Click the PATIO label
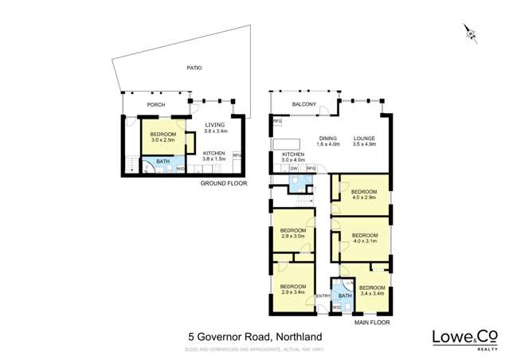click(194, 68)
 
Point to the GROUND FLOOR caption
click(222, 183)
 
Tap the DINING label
click(328, 138)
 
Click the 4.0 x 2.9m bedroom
click(364, 194)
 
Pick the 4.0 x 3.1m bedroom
click(364, 238)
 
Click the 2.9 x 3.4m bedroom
click(292, 290)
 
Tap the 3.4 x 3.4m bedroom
click(371, 291)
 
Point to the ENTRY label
click(323, 296)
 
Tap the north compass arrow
click(470, 33)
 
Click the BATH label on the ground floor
click(162, 162)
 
